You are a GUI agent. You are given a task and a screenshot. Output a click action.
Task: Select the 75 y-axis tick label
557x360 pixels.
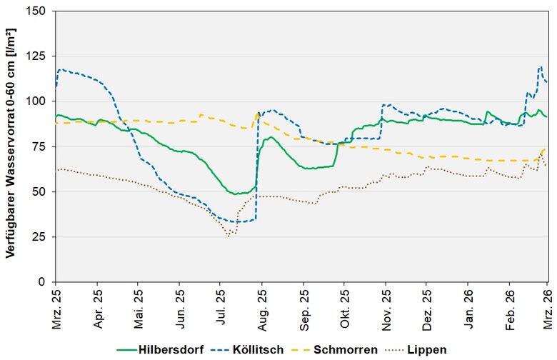click(40, 147)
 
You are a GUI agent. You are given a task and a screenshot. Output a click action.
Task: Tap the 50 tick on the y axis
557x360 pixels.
click(40, 192)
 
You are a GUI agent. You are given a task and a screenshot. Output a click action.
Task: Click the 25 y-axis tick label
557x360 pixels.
click(40, 237)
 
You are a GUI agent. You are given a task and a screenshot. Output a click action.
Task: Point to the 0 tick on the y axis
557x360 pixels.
click(43, 282)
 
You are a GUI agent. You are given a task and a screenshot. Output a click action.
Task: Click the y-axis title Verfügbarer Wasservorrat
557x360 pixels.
click(11, 146)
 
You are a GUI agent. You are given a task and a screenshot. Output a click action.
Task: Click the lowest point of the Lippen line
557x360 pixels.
click(229, 236)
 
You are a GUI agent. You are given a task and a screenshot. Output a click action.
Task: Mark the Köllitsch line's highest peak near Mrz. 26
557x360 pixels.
click(541, 66)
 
